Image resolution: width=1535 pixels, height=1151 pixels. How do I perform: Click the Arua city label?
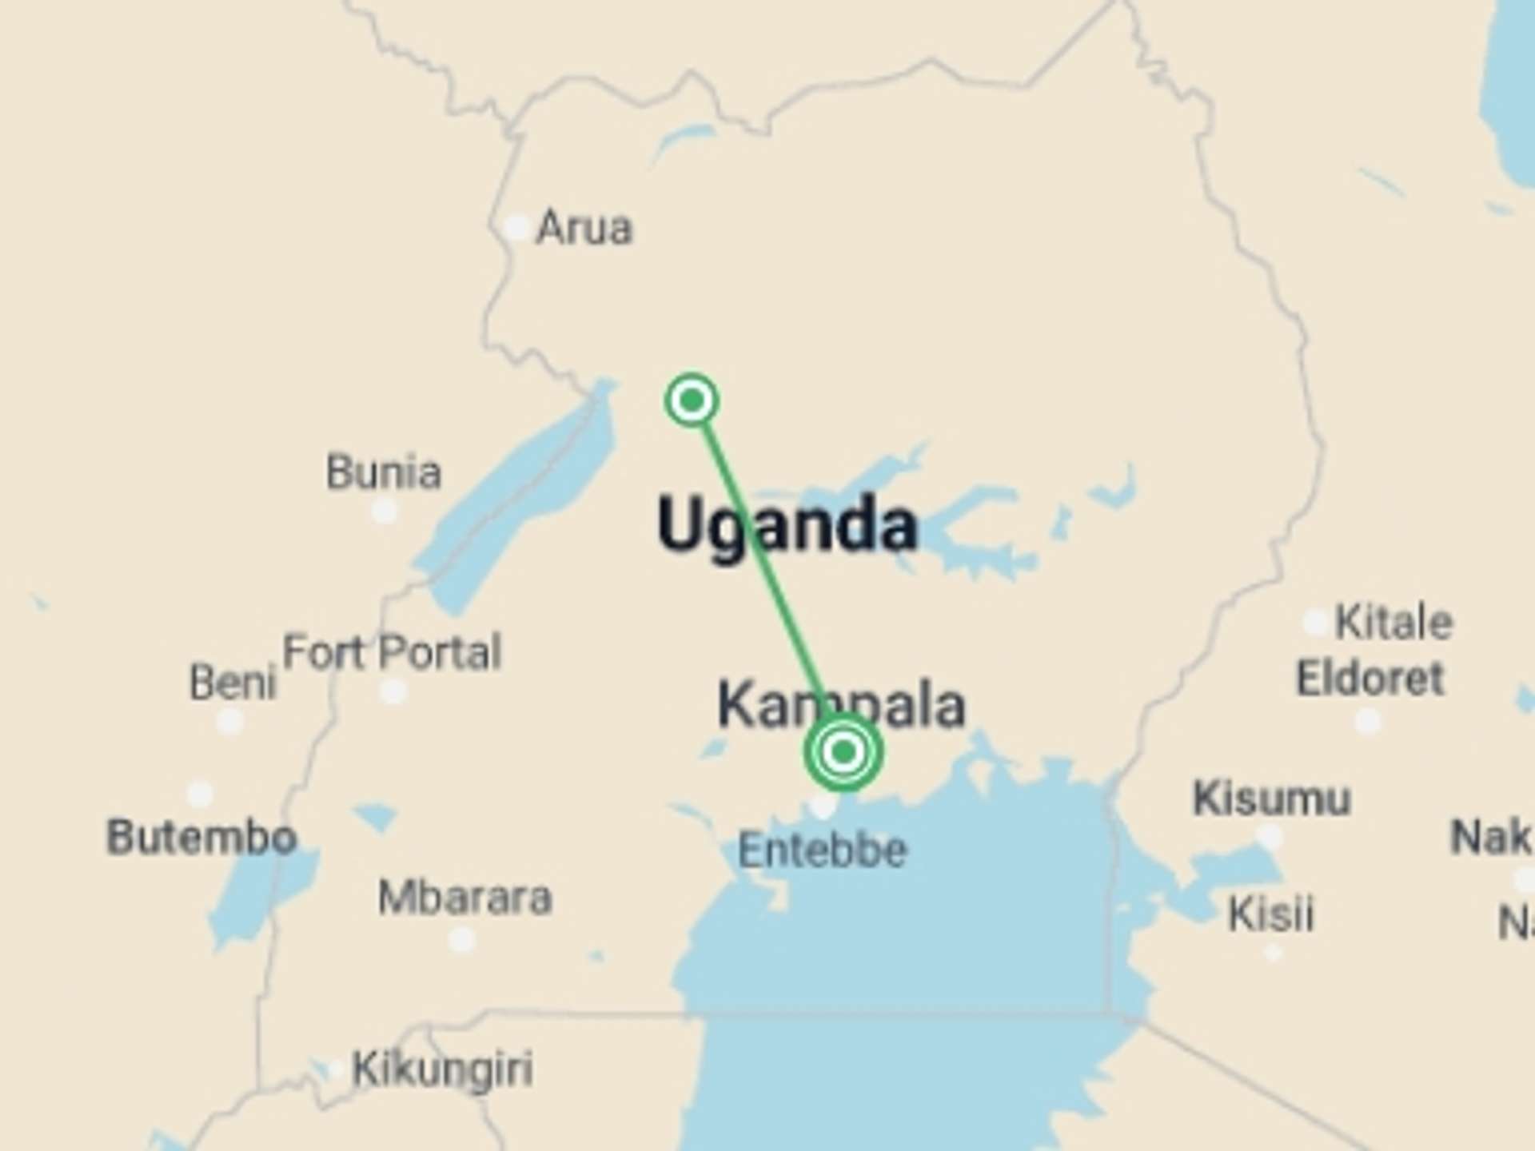point(584,229)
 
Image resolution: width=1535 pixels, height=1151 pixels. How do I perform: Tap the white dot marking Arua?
point(517,229)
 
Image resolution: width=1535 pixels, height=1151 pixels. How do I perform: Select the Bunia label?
point(384,472)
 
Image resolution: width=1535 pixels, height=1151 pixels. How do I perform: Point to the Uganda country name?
point(787,526)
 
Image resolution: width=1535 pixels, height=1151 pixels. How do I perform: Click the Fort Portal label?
point(393,652)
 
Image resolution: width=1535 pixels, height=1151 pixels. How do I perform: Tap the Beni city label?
point(233,683)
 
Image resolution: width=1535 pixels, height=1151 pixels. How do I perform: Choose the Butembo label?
point(201,837)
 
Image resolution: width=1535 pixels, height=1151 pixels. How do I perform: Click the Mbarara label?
point(465,898)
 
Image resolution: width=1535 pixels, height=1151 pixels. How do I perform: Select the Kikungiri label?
point(443,1069)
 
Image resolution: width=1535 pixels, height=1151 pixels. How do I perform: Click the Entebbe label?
point(823,850)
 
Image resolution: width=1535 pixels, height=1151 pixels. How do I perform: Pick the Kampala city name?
point(842,705)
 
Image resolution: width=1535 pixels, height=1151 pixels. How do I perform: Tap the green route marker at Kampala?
point(843,752)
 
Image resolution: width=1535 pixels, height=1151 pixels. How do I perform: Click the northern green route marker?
point(692,400)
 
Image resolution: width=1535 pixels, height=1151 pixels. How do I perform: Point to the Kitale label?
point(1394,622)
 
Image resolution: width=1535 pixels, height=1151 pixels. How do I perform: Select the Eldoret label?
point(1370,679)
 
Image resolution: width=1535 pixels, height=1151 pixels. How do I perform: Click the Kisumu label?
point(1272,798)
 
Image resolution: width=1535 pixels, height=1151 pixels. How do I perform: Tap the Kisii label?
point(1271,914)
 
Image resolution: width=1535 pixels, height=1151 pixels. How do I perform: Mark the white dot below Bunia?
point(385,510)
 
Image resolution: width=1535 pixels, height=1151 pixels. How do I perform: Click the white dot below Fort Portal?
point(393,691)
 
